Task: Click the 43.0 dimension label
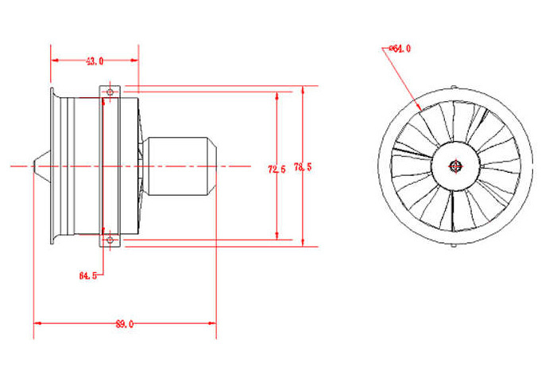95,60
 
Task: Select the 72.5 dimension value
276,169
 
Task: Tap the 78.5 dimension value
303,167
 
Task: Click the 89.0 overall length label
124,324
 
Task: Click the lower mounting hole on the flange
110,238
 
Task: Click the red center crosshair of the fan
454,166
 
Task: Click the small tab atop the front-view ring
454,88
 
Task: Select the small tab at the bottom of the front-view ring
454,243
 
